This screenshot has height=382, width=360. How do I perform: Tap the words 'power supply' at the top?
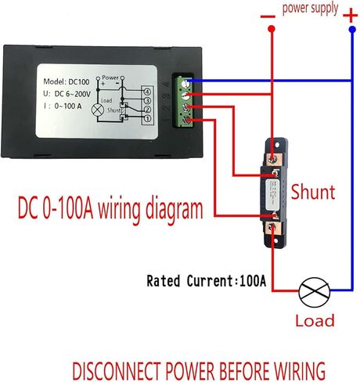tap(310, 9)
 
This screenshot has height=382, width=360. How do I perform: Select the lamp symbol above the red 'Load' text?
tap(311, 294)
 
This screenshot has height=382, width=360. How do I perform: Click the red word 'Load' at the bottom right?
tap(315, 320)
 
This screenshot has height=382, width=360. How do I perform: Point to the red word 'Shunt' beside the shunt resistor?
tap(313, 192)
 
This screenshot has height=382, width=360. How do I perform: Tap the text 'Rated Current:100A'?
tap(215, 280)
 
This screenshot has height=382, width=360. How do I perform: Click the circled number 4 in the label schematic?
tap(146, 92)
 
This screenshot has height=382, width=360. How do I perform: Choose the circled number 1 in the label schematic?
tap(146, 120)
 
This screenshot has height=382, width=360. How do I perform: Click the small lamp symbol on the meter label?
tap(98, 110)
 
